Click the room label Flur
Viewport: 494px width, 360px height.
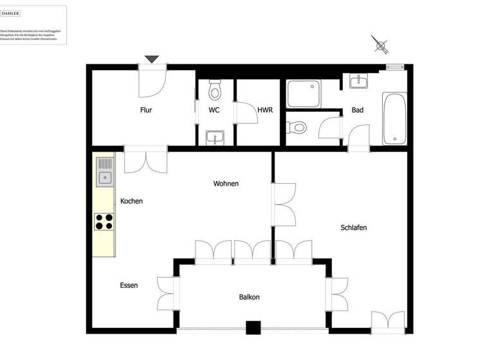point(146,110)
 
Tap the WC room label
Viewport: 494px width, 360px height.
point(214,110)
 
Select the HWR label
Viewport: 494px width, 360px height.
point(265,110)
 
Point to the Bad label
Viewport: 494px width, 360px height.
point(358,110)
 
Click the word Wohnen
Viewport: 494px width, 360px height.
point(226,184)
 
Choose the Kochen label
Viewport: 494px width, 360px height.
point(131,201)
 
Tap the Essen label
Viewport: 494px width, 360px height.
point(129,285)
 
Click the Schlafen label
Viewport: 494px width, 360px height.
point(354,228)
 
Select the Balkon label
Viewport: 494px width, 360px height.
point(249,297)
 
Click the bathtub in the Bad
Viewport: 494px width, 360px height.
point(394,118)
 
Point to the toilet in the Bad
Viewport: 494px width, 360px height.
point(297,128)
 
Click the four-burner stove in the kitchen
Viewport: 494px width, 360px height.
point(104,221)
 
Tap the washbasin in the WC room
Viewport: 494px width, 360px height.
point(215,136)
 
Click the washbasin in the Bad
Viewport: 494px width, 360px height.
point(358,81)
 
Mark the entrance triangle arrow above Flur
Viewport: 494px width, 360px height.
point(151,60)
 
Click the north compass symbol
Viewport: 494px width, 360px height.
point(381,46)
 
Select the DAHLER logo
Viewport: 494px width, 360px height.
point(10,13)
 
